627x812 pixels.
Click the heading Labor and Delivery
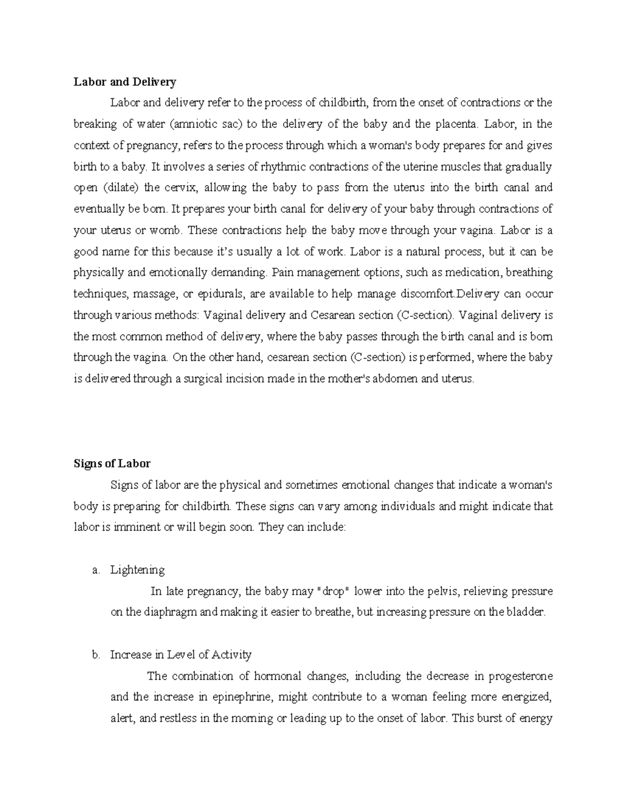click(124, 82)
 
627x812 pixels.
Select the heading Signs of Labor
click(112, 463)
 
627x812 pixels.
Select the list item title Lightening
click(137, 570)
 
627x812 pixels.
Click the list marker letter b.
click(95, 655)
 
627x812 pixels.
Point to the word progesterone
click(520, 676)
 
